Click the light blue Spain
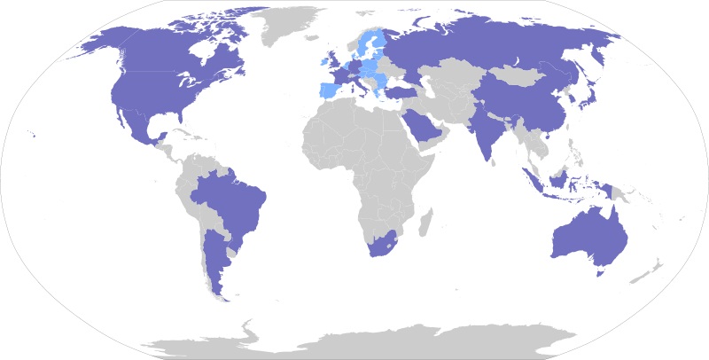(329, 90)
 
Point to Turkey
(401, 90)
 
